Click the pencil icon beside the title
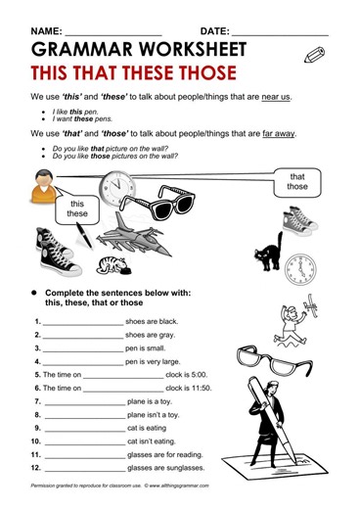coord(315,57)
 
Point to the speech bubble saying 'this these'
coord(77,208)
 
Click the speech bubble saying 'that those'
coord(296,180)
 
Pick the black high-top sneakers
coord(56,252)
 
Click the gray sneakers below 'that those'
coord(297,221)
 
